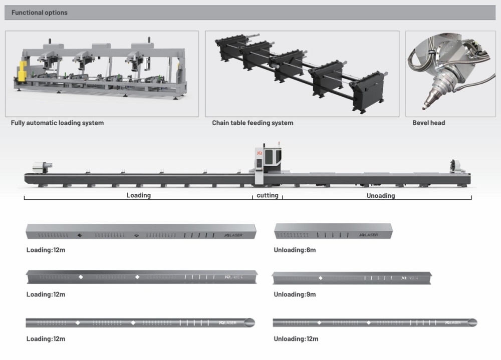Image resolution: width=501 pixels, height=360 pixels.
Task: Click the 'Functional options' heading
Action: (40, 13)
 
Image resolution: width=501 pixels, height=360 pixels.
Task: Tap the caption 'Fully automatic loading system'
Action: (58, 123)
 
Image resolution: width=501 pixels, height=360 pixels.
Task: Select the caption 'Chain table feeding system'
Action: (253, 123)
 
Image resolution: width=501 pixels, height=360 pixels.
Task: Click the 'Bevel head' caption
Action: (429, 123)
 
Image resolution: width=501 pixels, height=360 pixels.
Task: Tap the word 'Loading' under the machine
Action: (138, 195)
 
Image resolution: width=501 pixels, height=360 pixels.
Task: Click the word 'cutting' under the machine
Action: (268, 195)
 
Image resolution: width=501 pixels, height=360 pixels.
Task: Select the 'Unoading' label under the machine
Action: (381, 196)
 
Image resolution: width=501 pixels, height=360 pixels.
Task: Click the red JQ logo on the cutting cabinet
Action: (260, 152)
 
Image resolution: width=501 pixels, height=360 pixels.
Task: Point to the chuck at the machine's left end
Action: (40, 166)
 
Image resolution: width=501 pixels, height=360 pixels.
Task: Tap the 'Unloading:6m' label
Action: (295, 250)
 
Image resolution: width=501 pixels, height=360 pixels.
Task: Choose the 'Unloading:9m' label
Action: (295, 294)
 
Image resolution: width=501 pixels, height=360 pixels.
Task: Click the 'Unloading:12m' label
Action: (296, 339)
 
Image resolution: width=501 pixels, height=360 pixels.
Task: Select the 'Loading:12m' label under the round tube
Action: (46, 339)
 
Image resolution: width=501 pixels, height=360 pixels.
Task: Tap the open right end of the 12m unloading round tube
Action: (473, 322)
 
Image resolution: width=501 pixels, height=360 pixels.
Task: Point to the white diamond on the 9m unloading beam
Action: (321, 278)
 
